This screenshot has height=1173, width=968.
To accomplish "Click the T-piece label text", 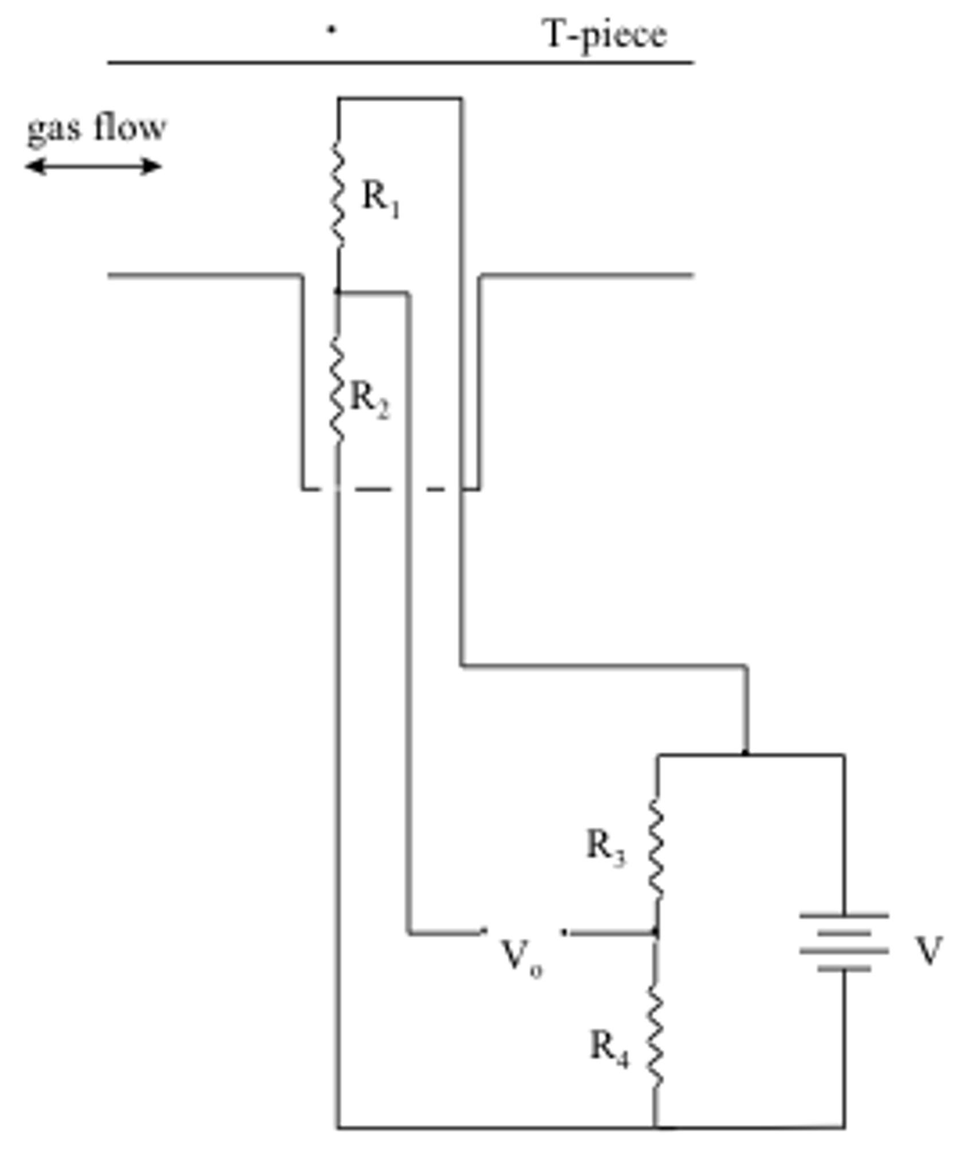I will coord(604,36).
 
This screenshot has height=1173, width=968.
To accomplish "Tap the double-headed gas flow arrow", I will coord(93,167).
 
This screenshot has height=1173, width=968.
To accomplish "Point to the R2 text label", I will coord(370,399).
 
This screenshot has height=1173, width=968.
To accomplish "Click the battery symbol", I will coord(844,943).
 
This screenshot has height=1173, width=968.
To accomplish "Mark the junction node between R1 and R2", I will coord(337,292).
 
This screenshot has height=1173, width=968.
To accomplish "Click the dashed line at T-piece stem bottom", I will coord(390,489).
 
